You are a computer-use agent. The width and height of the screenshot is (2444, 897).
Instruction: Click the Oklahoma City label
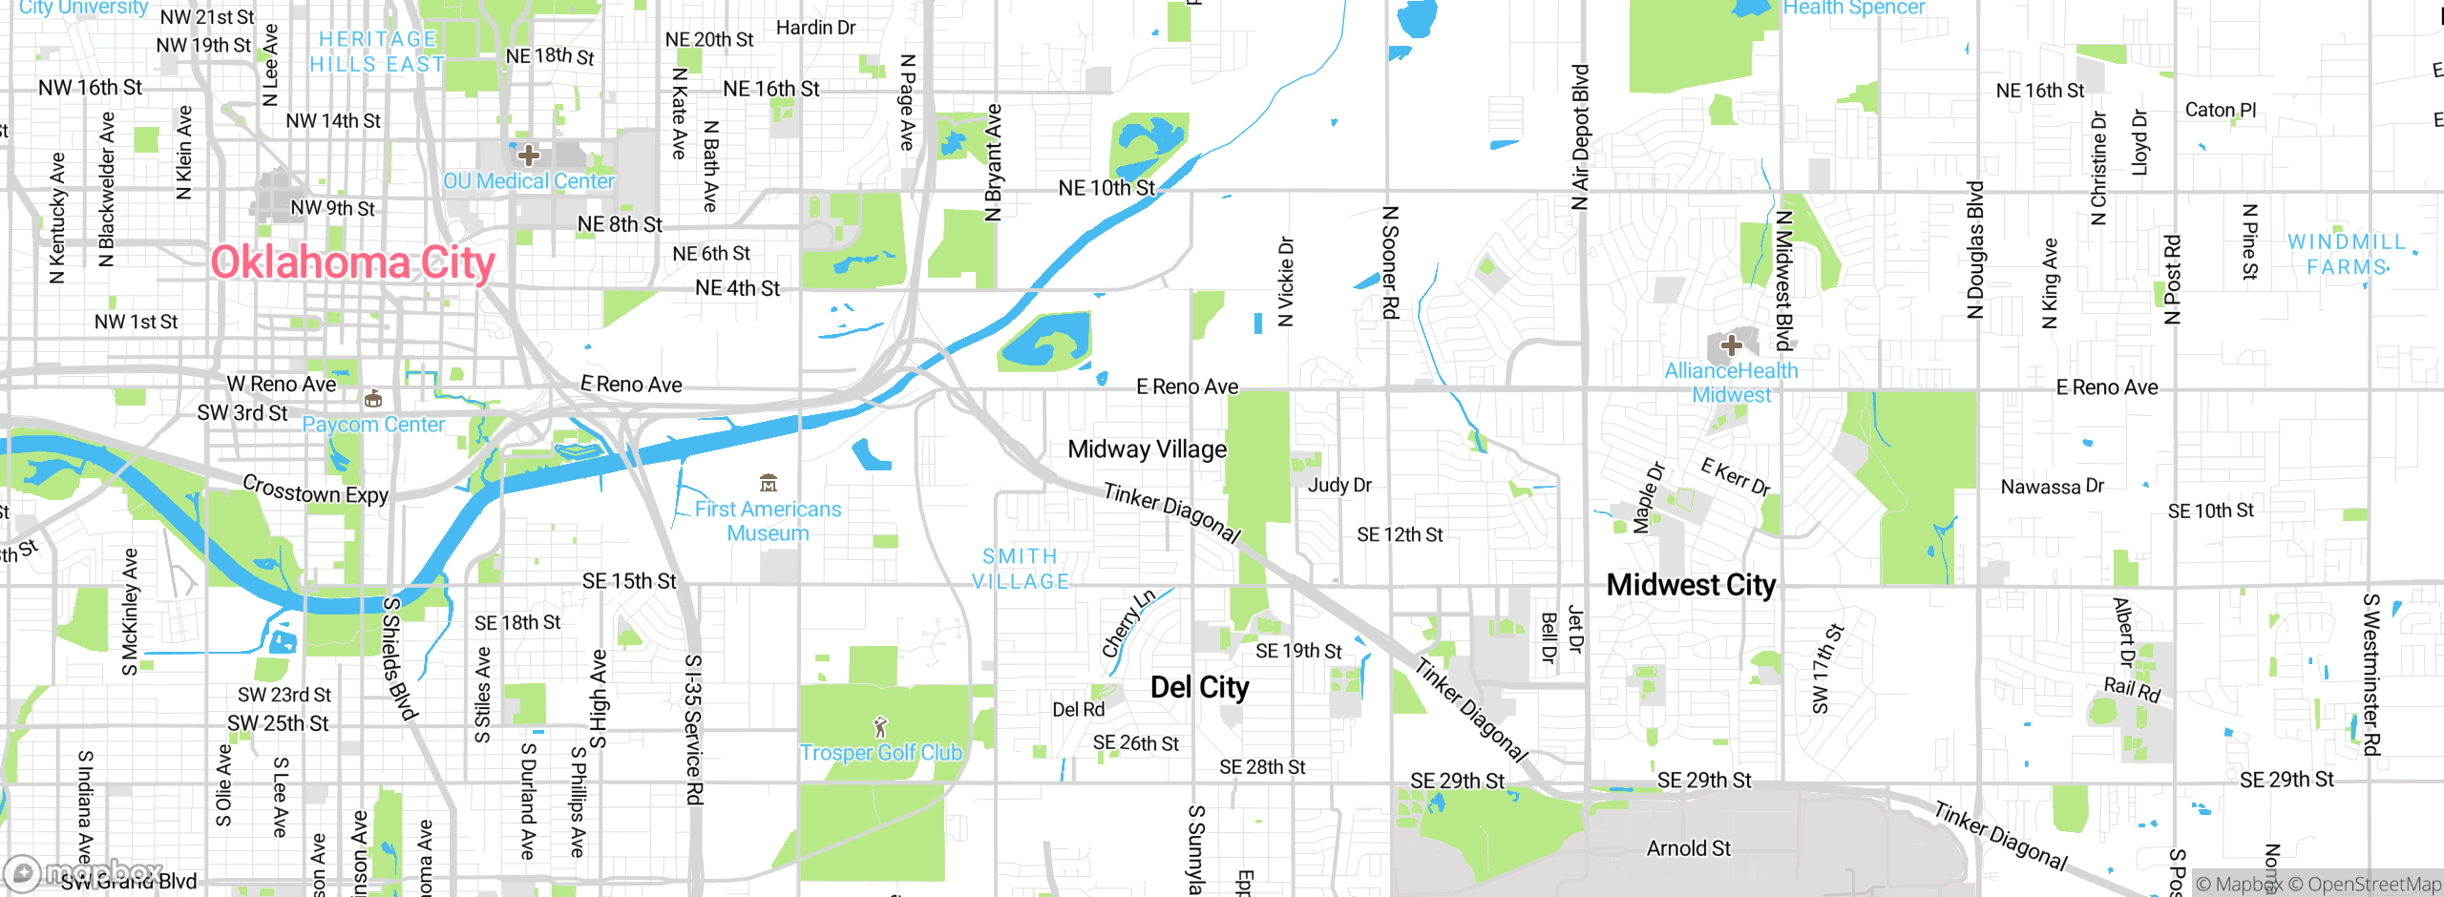352,262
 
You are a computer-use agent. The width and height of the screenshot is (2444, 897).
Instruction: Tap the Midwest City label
1691,585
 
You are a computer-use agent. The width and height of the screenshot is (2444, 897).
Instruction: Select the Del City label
1199,687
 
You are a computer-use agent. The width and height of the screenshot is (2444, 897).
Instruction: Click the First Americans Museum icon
769,483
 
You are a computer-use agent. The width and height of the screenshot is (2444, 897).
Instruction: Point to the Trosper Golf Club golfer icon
880,728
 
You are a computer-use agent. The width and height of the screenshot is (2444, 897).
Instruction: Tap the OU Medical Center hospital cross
528,155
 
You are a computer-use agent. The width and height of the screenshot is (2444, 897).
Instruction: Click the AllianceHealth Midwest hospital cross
1731,345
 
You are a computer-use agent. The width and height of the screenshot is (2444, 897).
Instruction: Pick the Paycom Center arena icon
373,399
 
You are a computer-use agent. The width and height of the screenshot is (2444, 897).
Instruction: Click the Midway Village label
1147,449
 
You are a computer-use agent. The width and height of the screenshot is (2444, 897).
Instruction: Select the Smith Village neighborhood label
1020,569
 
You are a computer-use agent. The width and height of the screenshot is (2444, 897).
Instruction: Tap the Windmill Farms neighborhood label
2347,255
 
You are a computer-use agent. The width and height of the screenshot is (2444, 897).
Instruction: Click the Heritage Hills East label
377,52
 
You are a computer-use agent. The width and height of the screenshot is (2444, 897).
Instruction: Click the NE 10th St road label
1106,188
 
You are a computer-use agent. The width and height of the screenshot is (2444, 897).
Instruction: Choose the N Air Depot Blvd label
1580,136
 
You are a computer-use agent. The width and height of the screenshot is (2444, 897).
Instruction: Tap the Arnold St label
1688,848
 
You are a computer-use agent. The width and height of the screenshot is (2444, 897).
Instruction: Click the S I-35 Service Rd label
694,729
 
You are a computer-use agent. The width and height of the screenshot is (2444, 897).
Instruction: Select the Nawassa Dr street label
2052,487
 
